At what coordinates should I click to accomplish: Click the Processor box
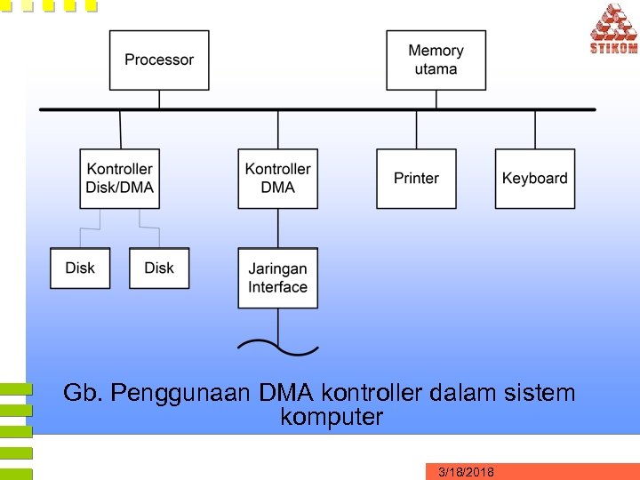point(159,60)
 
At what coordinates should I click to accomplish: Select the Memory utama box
point(436,60)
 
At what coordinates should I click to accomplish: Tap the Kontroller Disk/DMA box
point(120,178)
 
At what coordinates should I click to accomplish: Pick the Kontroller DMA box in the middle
point(278,178)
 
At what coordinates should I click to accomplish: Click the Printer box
point(416,178)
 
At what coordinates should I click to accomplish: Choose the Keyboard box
point(534,178)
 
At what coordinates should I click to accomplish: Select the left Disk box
point(80,268)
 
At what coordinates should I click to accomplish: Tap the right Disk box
point(159,268)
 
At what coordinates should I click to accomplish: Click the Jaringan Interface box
point(278,277)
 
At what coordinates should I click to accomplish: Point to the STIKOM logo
point(613,28)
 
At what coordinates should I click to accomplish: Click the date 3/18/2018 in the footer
point(467,472)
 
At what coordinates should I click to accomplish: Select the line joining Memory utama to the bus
point(436,100)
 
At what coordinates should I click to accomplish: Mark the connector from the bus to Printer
point(416,129)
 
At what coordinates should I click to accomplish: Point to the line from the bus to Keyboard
point(534,129)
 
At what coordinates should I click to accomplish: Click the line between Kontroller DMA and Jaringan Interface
point(278,228)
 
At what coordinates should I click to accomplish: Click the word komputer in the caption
point(332,417)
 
